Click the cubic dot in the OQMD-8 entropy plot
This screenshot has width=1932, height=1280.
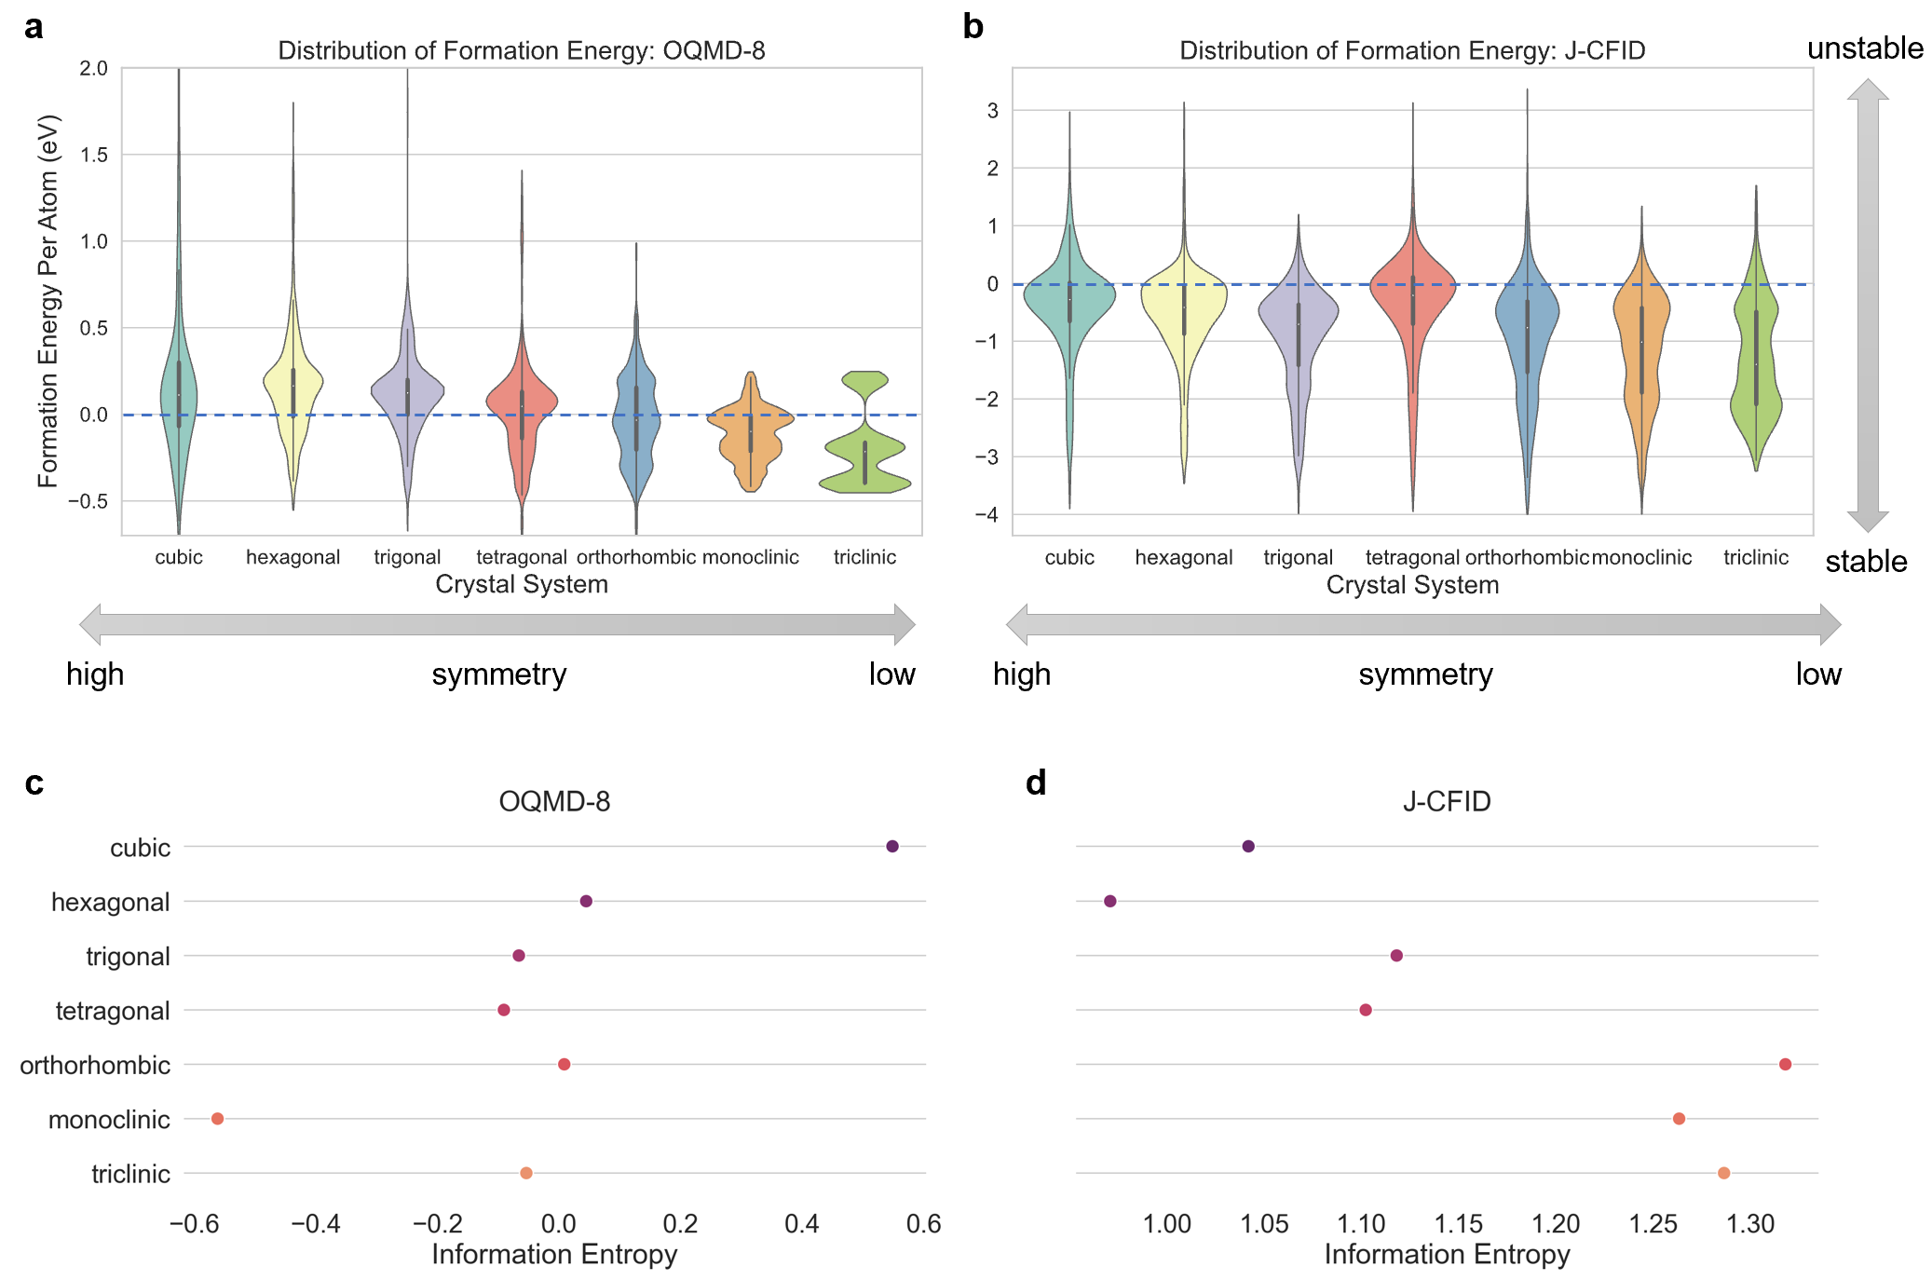tap(891, 846)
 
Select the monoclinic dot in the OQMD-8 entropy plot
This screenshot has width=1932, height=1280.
tap(217, 1118)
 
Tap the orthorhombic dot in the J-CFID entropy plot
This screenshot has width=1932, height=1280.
tap(1785, 1064)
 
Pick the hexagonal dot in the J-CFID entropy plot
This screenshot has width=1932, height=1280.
tap(1109, 901)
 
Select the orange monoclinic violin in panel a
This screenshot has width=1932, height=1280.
tap(750, 433)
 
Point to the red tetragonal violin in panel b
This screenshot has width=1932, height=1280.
tap(1412, 289)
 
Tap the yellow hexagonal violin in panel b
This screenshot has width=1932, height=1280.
tap(1184, 307)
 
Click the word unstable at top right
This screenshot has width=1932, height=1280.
tap(1865, 48)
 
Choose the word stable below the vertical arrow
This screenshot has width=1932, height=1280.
tap(1866, 562)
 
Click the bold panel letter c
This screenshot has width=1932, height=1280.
tap(34, 783)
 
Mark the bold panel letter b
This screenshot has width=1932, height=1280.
tap(973, 27)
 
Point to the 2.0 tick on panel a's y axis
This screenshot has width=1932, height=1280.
tap(93, 68)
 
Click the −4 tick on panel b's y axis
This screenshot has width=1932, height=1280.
tap(986, 514)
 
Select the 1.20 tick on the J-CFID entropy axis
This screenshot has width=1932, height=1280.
tap(1556, 1223)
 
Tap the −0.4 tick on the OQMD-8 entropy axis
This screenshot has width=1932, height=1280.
tap(315, 1223)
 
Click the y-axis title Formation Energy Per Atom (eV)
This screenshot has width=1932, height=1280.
tap(48, 300)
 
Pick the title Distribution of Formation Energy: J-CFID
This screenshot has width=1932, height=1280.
tap(1412, 50)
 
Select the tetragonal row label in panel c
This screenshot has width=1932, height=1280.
tap(113, 1011)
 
